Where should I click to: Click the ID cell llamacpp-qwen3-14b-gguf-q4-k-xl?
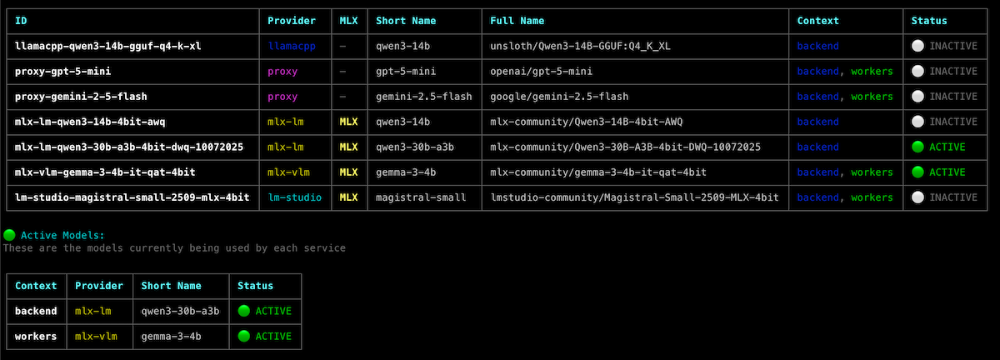point(107,47)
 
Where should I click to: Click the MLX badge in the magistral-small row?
point(348,197)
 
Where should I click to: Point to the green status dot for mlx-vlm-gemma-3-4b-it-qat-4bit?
point(918,172)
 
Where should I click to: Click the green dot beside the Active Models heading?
point(9,236)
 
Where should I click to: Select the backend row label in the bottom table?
point(36,311)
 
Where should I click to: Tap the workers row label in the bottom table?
point(36,337)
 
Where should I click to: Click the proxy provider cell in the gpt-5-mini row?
point(282,72)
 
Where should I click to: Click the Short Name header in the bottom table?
point(171,286)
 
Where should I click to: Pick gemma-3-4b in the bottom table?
point(171,337)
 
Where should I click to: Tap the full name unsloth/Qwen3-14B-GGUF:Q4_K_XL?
point(581,47)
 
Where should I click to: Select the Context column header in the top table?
point(817,21)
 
